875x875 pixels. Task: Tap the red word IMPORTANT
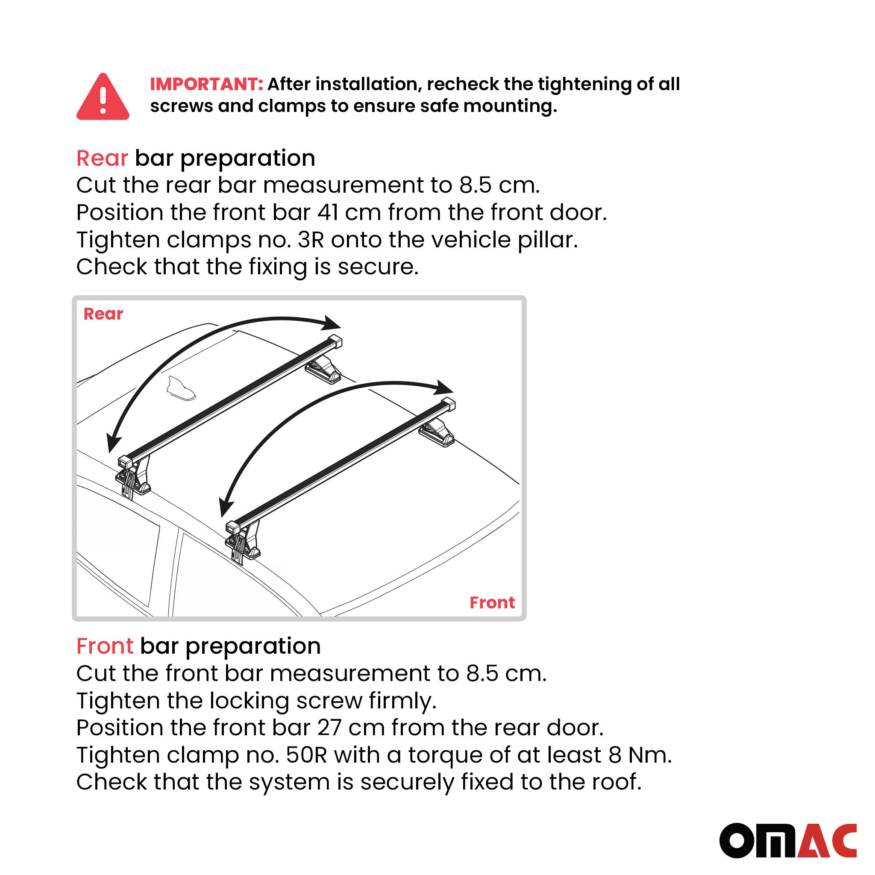pyautogui.click(x=206, y=84)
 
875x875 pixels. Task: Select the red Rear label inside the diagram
pyautogui.click(x=103, y=314)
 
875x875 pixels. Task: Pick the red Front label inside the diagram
pyautogui.click(x=492, y=603)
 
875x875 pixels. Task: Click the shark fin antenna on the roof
pyautogui.click(x=181, y=389)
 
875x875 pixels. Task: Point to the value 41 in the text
pyautogui.click(x=327, y=212)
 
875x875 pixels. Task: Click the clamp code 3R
pyautogui.click(x=311, y=240)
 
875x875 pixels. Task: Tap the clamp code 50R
pyautogui.click(x=306, y=755)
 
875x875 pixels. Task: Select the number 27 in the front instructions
pyautogui.click(x=329, y=728)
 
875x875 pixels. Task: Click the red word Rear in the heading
pyautogui.click(x=102, y=158)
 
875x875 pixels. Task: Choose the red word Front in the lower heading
pyautogui.click(x=105, y=646)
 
